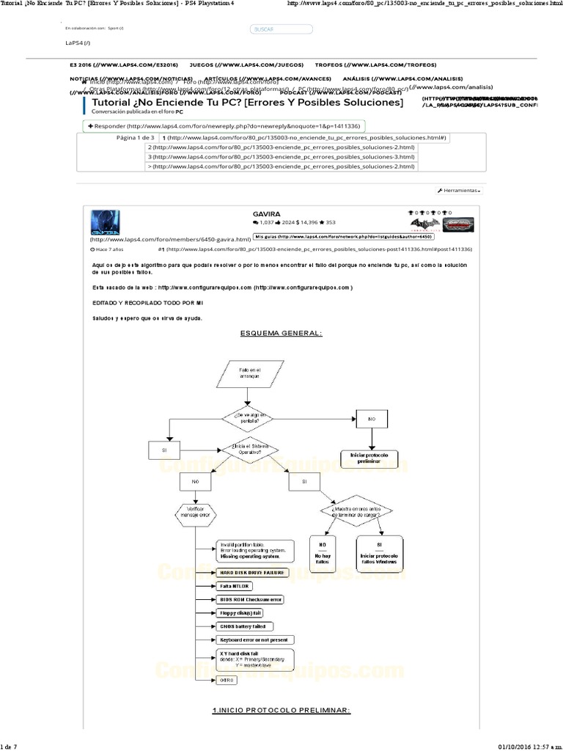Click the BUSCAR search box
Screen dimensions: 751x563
tap(281, 29)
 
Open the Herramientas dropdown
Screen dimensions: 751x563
tap(460, 190)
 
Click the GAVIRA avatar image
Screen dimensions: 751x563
tap(106, 222)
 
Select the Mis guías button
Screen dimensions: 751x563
tap(343, 237)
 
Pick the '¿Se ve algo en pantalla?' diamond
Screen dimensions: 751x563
tap(250, 419)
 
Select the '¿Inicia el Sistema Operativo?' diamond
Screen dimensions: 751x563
tap(250, 448)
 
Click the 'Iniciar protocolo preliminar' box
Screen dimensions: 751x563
tap(374, 459)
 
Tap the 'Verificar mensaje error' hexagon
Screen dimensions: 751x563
tap(195, 512)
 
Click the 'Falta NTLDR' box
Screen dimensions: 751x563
tap(235, 586)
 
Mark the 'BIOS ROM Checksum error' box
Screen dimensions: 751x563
tap(250, 599)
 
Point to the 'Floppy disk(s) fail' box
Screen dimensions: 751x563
tap(240, 612)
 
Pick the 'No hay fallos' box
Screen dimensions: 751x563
tap(323, 552)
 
